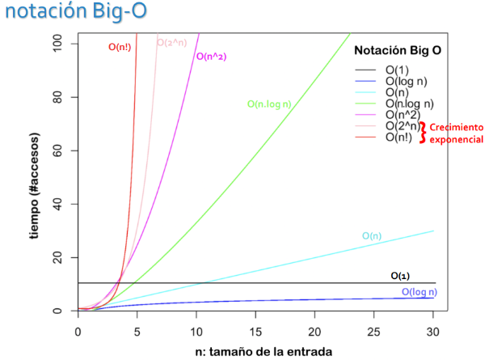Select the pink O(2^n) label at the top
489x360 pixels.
(172, 42)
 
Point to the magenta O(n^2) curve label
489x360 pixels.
(210, 57)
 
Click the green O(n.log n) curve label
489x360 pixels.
(269, 104)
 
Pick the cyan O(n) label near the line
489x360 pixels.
(372, 235)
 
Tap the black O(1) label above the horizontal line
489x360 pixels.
(400, 276)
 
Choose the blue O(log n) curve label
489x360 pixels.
(419, 292)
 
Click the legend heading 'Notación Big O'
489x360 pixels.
(397, 50)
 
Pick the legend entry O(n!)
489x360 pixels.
(398, 138)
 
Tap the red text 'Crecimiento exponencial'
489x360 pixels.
(456, 133)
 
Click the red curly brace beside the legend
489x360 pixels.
(421, 132)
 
